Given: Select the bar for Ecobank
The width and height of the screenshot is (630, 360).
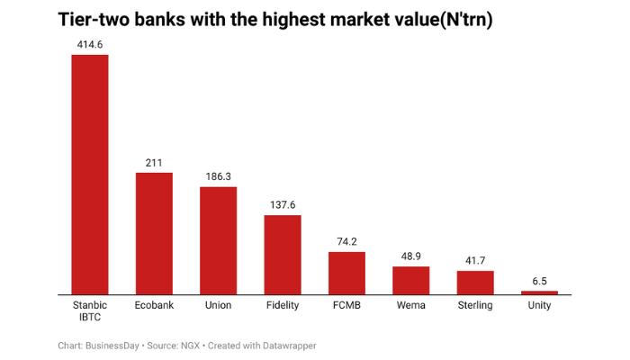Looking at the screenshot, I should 154,233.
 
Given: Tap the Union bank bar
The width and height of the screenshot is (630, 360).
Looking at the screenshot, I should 218,240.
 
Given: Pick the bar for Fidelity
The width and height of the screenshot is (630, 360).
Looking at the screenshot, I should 283,254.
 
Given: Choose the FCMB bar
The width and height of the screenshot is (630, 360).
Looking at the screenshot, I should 346,273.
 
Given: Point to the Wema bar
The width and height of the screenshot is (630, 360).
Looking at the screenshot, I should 411,280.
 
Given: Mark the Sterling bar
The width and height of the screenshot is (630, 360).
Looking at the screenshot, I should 475,282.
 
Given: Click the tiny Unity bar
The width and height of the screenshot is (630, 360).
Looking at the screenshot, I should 540,292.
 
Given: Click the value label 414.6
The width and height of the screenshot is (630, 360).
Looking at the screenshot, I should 90,43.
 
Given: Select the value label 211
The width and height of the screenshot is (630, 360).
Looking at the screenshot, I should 154,162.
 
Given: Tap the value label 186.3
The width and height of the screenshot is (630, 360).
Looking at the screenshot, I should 218,176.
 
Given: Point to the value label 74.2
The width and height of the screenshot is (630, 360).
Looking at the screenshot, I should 346,241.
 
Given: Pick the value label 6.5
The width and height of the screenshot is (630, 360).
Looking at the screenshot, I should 540,281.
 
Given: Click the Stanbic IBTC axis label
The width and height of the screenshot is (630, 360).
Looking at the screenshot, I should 90,311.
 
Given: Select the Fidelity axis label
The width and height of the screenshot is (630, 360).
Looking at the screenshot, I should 283,306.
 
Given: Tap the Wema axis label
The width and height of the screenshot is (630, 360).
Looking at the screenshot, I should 411,306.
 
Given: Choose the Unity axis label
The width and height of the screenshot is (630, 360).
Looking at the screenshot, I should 540,306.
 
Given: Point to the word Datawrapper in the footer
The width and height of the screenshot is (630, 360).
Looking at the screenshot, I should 288,346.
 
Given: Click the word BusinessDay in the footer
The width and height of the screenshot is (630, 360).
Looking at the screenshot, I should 112,346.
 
